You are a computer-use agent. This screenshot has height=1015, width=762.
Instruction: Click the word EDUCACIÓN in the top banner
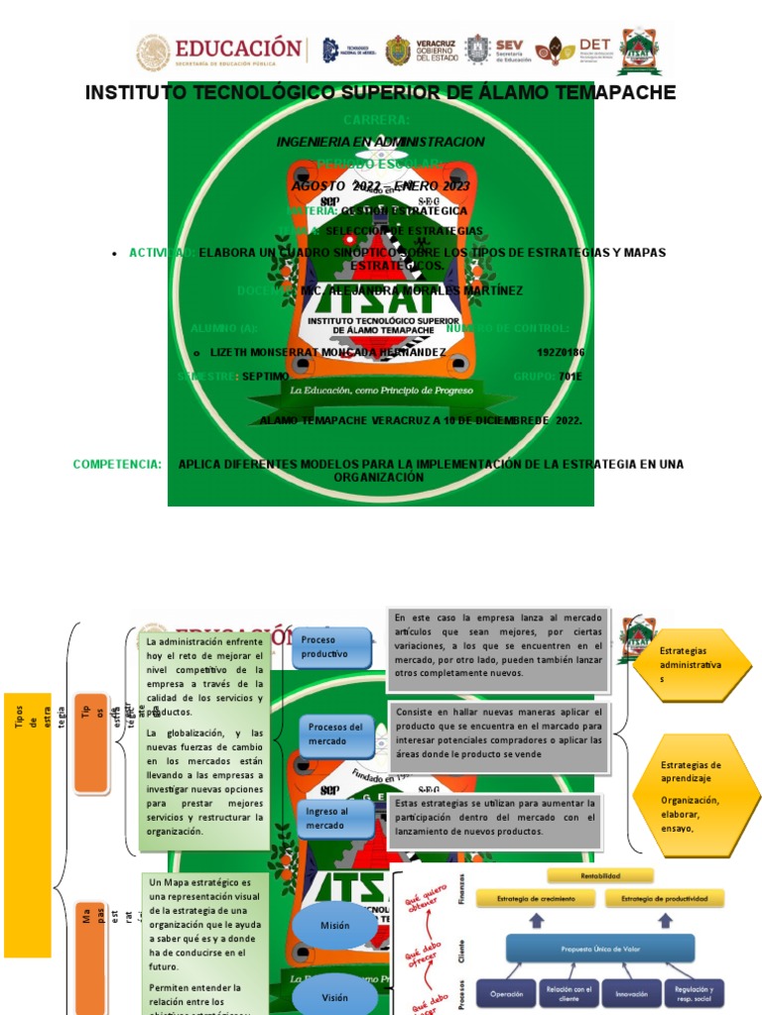tap(238, 48)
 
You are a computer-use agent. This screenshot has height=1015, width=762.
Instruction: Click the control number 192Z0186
tap(561, 352)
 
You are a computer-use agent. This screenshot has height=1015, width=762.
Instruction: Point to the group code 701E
tap(571, 377)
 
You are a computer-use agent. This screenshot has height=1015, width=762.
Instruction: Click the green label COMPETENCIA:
tap(117, 464)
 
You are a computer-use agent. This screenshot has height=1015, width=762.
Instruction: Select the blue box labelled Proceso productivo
tap(332, 646)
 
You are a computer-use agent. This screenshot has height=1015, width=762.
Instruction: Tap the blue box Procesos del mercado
tap(335, 734)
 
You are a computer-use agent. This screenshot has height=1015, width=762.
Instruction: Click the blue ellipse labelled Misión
tap(335, 926)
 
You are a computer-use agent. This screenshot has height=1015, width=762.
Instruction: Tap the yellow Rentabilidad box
tap(600, 875)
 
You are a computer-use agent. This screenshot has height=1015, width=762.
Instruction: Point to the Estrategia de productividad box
tap(665, 898)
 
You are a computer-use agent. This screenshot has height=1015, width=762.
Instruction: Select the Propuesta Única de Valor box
tap(601, 948)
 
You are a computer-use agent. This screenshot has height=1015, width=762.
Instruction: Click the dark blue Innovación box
tap(631, 993)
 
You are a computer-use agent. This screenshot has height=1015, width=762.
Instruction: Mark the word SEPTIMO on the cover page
tap(266, 377)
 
